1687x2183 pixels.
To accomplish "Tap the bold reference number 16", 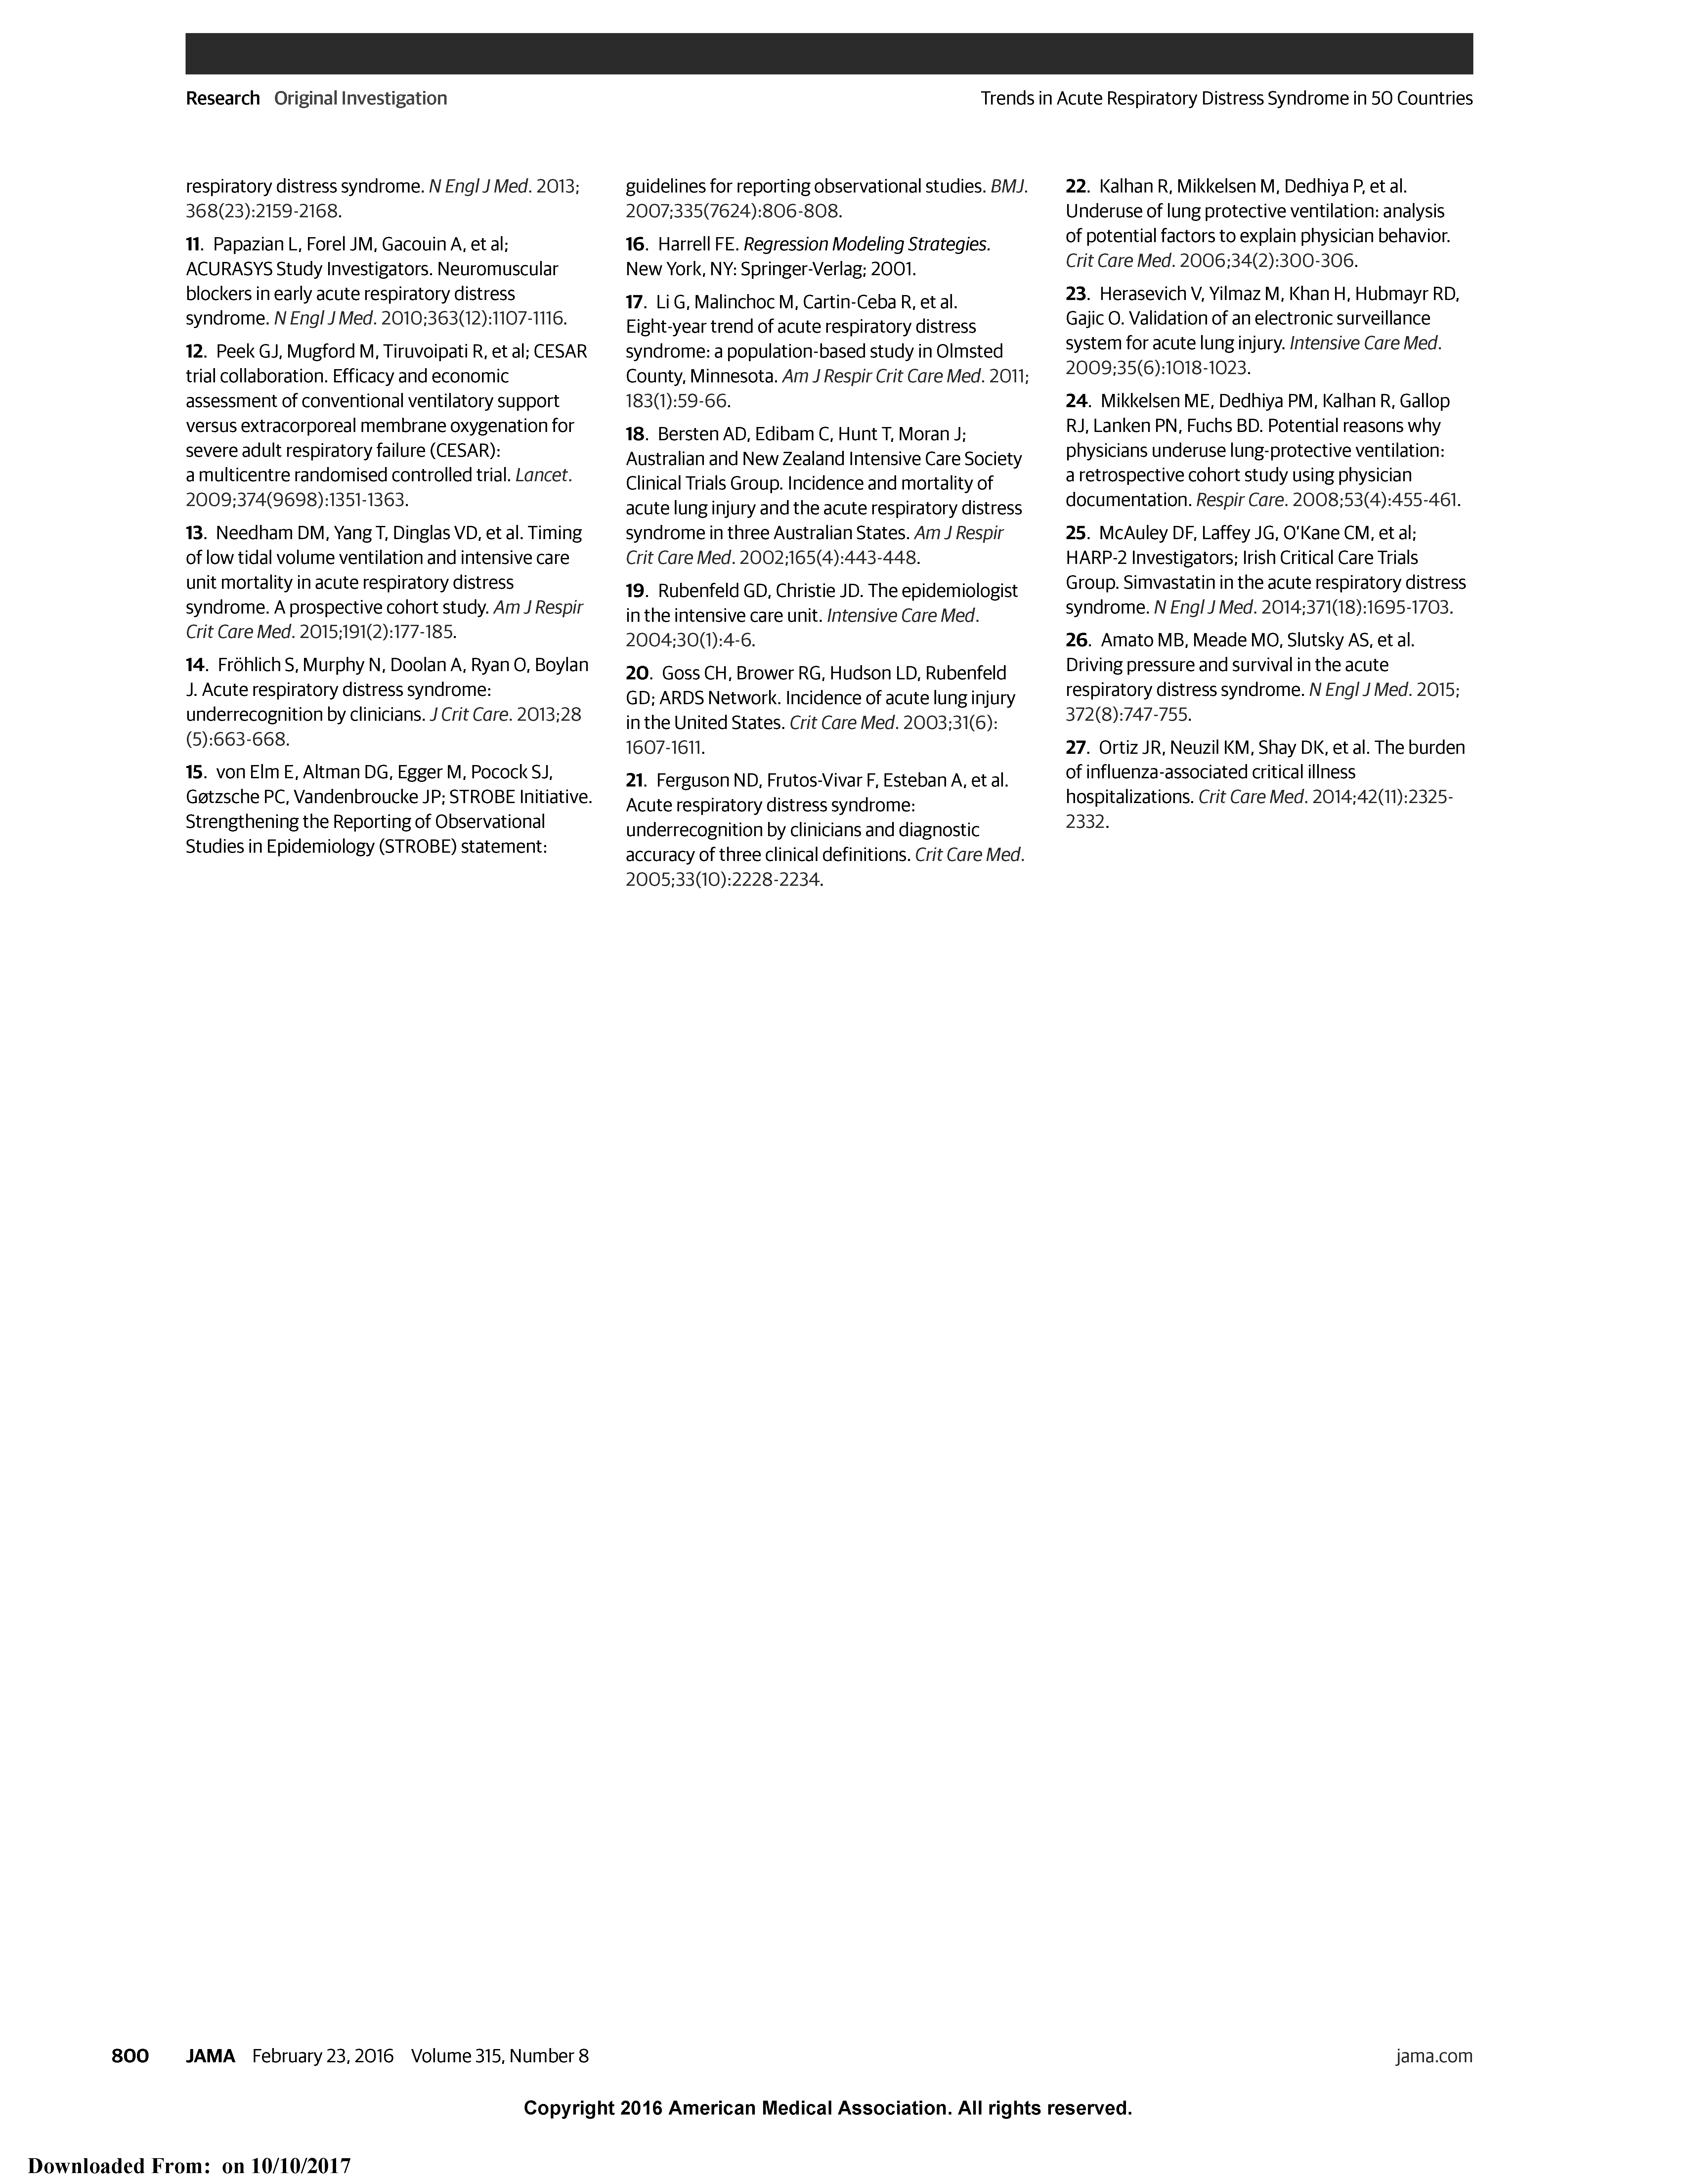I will coord(636,244).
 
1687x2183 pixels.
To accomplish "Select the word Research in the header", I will coord(222,98).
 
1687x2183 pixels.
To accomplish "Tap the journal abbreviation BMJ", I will coord(1007,186).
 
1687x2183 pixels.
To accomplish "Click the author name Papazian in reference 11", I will coord(248,244).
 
